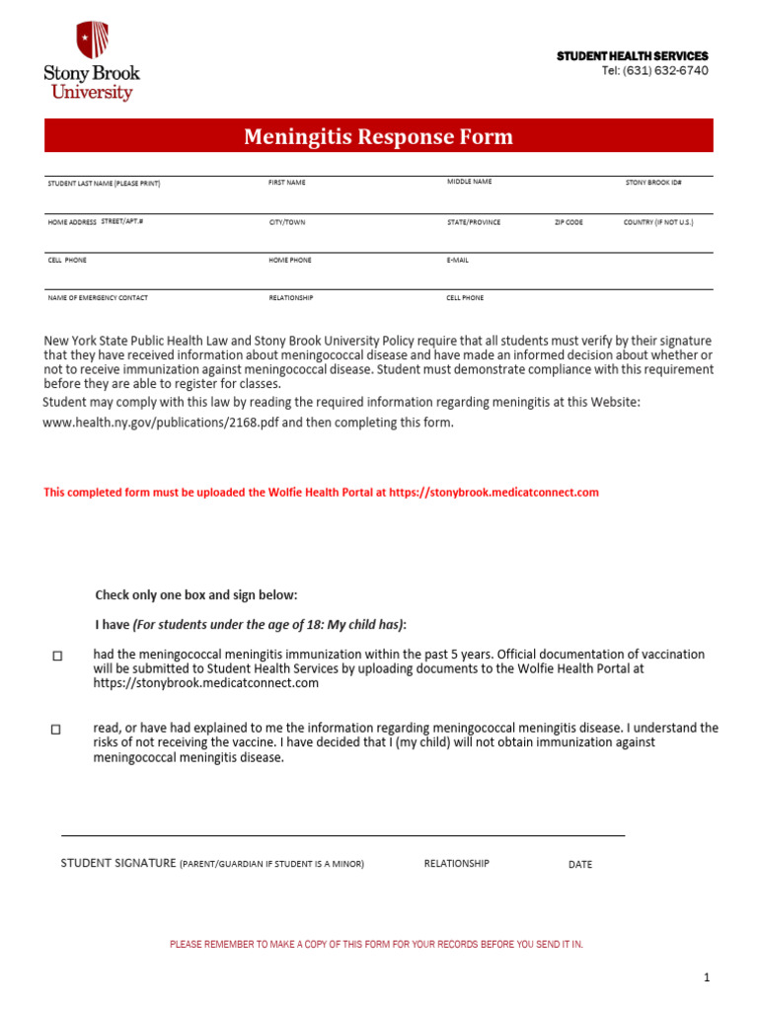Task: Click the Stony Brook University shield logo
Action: click(92, 39)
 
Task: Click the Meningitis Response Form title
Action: click(378, 136)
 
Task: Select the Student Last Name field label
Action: click(104, 184)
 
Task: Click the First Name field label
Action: click(287, 183)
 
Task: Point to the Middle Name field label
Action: click(469, 182)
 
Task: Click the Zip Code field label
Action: click(568, 222)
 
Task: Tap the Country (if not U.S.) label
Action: click(658, 222)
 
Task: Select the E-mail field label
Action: click(458, 260)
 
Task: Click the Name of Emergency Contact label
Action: click(98, 297)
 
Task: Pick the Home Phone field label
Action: click(290, 260)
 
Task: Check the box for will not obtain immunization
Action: click(56, 730)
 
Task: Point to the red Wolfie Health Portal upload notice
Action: click(321, 492)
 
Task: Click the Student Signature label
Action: click(118, 863)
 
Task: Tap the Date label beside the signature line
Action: click(580, 864)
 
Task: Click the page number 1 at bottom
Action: click(707, 977)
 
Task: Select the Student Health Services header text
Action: click(632, 56)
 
